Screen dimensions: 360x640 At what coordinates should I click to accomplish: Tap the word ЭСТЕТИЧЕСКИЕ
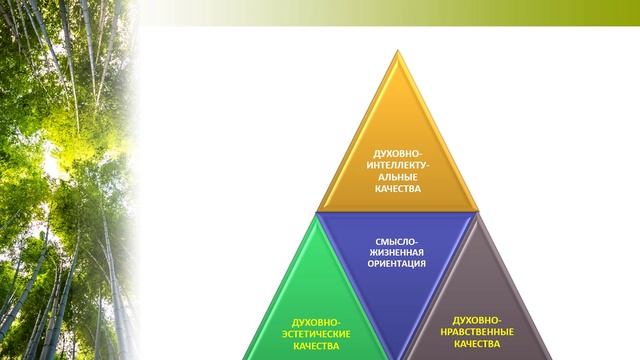tap(313, 333)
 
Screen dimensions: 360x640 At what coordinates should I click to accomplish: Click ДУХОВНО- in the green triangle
tap(313, 320)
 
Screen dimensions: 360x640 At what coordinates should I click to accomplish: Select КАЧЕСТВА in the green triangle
tap(313, 346)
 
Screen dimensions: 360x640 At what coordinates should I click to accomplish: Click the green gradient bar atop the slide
tap(400, 11)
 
